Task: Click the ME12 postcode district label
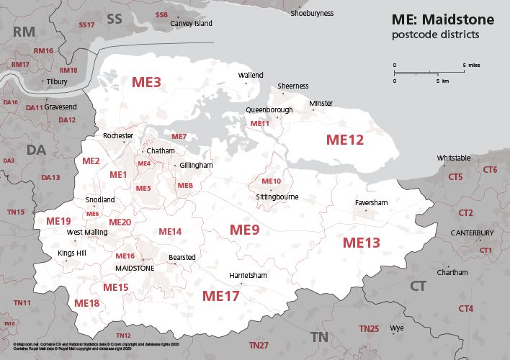pos(345,140)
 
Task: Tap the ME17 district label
pos(220,295)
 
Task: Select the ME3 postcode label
pos(146,82)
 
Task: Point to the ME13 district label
pos(361,243)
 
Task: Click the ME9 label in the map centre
pos(244,230)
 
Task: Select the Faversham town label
pos(371,203)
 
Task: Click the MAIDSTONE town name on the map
pos(135,268)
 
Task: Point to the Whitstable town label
pos(454,158)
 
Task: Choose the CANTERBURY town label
pos(472,233)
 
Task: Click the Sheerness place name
pos(293,86)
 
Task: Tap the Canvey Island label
pos(192,24)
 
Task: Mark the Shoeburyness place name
pos(312,13)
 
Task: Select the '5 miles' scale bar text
pos(472,65)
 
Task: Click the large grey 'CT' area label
pos(418,287)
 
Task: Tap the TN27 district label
pos(259,346)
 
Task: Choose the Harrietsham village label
pos(247,276)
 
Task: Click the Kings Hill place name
pos(71,253)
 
